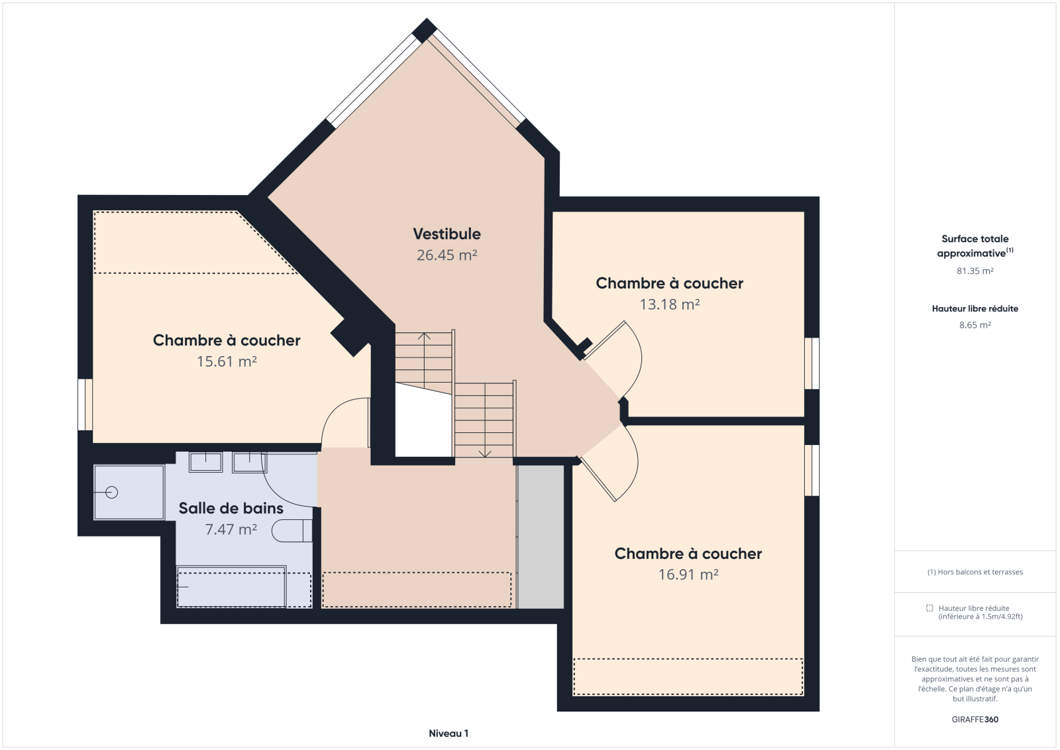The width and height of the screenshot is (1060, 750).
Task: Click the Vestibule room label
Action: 447,233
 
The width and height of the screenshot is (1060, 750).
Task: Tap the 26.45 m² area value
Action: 447,255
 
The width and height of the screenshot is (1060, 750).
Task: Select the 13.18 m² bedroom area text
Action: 670,304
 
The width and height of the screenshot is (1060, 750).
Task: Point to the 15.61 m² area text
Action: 227,361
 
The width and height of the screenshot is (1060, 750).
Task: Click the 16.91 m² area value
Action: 688,574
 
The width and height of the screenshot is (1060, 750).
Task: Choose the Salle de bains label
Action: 231,508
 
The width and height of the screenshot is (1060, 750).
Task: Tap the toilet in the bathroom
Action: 292,531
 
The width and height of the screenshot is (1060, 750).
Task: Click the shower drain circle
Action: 112,493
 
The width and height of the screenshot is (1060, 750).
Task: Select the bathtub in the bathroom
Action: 231,587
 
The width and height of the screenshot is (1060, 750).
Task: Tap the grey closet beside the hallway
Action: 541,536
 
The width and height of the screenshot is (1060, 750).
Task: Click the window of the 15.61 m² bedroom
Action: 85,405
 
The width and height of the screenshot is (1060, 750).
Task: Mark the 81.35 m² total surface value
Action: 975,271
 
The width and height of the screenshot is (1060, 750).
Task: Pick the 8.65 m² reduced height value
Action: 975,325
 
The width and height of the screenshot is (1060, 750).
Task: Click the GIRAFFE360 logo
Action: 975,719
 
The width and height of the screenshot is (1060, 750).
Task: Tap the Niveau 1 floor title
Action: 449,733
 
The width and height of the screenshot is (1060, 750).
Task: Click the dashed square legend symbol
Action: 929,608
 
